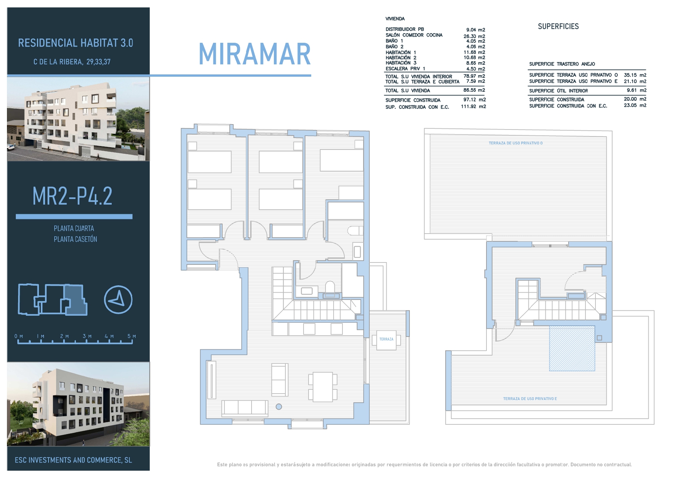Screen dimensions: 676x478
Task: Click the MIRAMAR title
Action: point(255,54)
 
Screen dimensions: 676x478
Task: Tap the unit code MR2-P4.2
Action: point(72,196)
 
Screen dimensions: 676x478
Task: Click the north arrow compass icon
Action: point(118,300)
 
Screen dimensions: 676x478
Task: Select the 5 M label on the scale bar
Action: point(132,336)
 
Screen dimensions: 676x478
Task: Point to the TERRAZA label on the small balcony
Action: point(386,339)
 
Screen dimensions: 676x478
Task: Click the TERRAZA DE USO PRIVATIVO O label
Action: point(516,143)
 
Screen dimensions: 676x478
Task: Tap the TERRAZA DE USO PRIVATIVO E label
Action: point(530,399)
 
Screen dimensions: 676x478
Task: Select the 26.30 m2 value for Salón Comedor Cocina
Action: point(474,36)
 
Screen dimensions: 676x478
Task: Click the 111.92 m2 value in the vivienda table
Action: point(473,106)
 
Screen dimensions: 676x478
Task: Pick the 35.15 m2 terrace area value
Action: point(635,75)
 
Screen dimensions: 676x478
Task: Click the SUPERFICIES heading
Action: point(559,26)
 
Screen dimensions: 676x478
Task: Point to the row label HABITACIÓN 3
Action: point(401,63)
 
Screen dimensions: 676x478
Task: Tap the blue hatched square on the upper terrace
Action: point(572,348)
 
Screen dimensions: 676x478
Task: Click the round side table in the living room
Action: point(279,406)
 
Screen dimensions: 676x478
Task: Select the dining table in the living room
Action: point(323,387)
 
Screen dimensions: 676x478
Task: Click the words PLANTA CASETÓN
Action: point(75,239)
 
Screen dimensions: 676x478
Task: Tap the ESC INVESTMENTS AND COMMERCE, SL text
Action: point(73,460)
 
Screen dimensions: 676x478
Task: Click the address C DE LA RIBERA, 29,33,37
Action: point(72,62)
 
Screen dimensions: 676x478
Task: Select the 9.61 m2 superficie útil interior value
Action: point(637,90)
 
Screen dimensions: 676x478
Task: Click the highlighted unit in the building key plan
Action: point(75,300)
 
